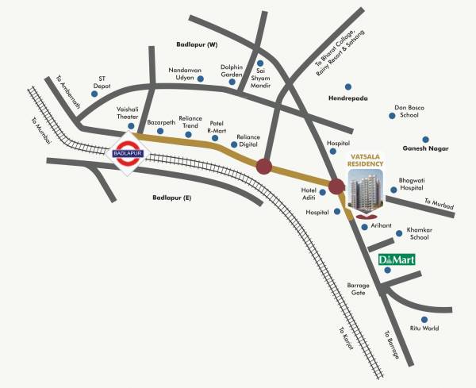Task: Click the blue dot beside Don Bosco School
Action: (392, 115)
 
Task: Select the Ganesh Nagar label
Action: (425, 148)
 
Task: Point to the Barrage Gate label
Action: (359, 289)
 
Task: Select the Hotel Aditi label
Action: (309, 195)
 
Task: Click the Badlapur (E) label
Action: (173, 197)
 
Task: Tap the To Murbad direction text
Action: (439, 205)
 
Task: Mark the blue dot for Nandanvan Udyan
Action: (201, 79)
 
